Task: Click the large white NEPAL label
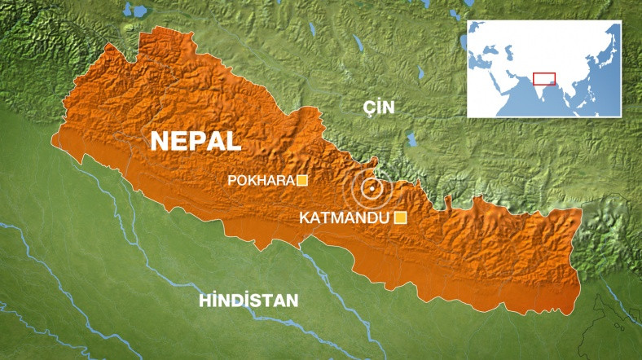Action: coord(196,140)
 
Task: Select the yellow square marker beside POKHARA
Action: coord(301,181)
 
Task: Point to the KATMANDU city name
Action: coord(345,217)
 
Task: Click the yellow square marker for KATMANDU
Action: coord(400,217)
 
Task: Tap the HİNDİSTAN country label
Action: coord(248,301)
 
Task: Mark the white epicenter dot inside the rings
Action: coord(372,190)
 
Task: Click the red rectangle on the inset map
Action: coord(543,78)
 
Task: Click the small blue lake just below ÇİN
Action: coord(411,139)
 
